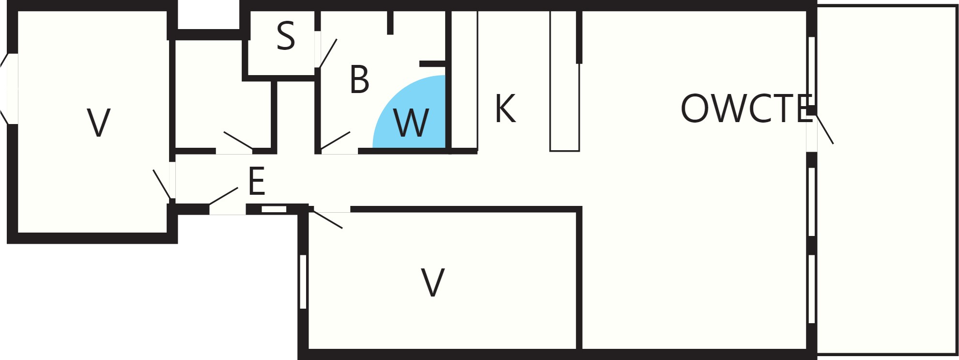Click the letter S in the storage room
(286, 36)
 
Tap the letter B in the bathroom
(359, 79)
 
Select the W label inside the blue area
(411, 123)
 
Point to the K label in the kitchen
(505, 109)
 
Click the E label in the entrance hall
(257, 181)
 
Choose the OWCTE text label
(746, 109)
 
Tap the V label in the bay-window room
(99, 123)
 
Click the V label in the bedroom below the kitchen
(433, 282)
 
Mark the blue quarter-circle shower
(417, 116)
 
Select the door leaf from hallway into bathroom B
(335, 140)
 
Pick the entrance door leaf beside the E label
(223, 196)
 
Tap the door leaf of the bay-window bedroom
(162, 184)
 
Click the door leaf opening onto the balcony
(825, 129)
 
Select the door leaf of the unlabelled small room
(238, 140)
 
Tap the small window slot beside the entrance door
(274, 209)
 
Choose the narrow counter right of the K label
(565, 81)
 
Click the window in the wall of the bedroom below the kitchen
(303, 282)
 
